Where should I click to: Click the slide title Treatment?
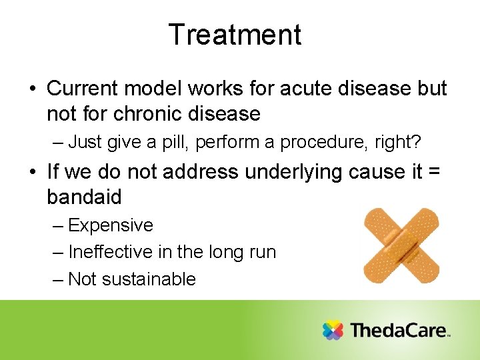tap(235, 35)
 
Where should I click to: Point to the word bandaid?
tap(85, 197)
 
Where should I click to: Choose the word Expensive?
tap(111, 225)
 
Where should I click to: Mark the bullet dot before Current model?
tap(33, 89)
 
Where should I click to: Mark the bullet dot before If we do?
tap(33, 173)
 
